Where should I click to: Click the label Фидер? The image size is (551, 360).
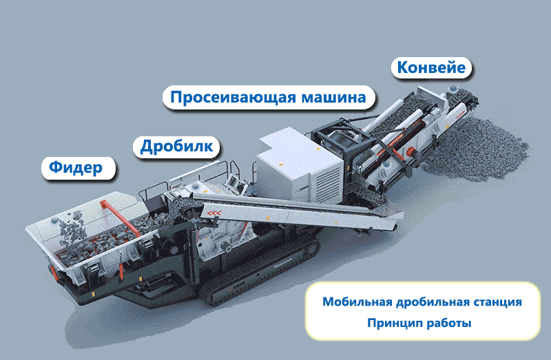76,167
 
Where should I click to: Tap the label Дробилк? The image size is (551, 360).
180,146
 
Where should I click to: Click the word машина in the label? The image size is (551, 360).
334,97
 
